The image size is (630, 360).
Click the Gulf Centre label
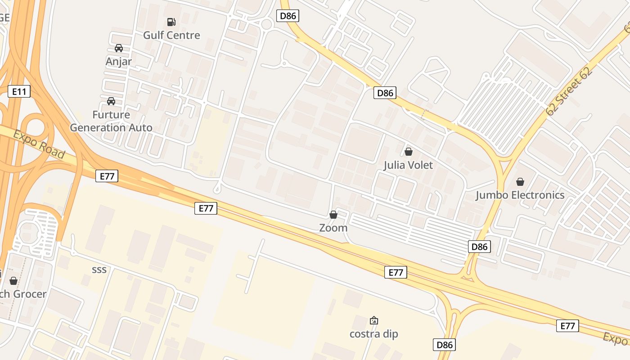tap(171, 35)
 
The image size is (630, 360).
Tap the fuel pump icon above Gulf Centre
tap(171, 22)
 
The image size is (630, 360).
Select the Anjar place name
tap(118, 61)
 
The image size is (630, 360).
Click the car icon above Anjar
tap(119, 48)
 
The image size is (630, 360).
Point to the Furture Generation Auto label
tap(111, 121)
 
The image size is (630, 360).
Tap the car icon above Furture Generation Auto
tap(111, 101)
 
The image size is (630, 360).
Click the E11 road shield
tap(19, 92)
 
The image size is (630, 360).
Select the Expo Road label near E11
tap(39, 144)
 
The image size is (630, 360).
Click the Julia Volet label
tap(408, 165)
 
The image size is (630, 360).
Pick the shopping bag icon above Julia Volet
tap(409, 152)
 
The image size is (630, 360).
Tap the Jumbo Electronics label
tap(520, 195)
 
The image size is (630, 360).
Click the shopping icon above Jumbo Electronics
tap(520, 182)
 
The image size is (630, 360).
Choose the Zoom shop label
tap(333, 228)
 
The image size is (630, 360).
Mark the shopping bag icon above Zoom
tap(333, 215)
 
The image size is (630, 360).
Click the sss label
tap(99, 270)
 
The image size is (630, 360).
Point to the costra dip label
tap(373, 334)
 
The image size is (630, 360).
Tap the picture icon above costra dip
tap(373, 320)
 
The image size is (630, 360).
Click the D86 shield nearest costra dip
tap(444, 345)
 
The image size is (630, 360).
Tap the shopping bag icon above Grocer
tap(13, 281)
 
